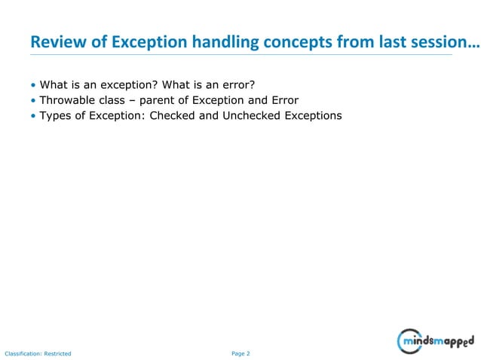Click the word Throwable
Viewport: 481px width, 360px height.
(x=67, y=99)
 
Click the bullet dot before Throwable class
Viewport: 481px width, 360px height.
(x=33, y=100)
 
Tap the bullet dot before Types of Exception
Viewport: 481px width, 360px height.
(x=33, y=116)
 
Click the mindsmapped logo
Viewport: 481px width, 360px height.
(x=437, y=341)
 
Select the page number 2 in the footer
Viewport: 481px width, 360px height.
(x=247, y=352)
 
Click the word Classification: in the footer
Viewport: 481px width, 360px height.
(x=23, y=352)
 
